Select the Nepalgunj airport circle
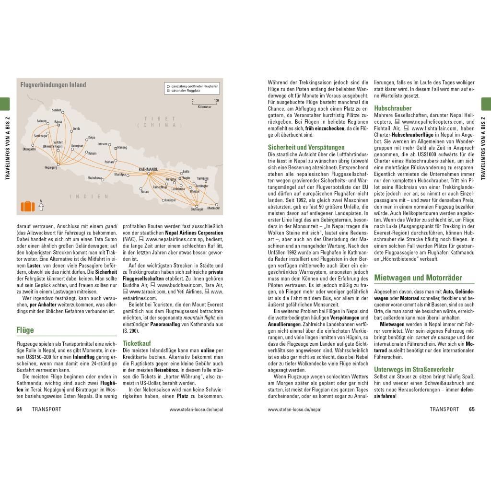click(57, 164)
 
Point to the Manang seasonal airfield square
click(116, 148)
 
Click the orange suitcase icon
click(28, 206)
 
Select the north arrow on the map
click(41, 206)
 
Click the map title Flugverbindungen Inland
click(53, 85)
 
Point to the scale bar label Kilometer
click(204, 106)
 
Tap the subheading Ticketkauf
click(137, 344)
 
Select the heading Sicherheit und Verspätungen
click(306, 147)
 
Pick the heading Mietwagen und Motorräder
click(418, 278)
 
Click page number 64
click(19, 409)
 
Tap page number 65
click(471, 409)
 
